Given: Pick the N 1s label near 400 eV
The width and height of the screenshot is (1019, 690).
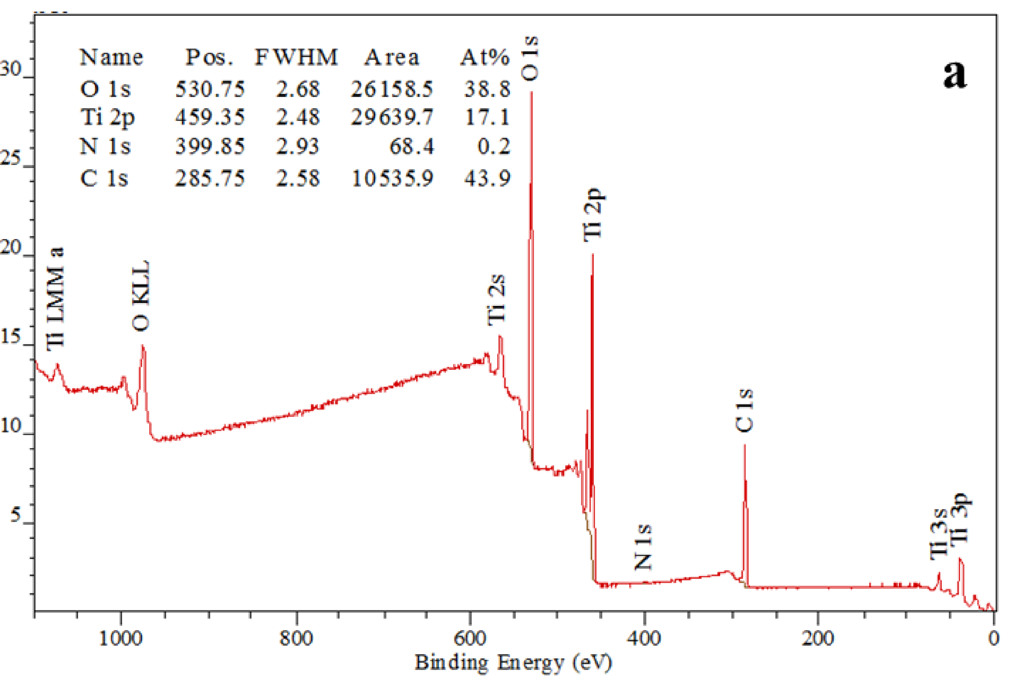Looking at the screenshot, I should [643, 548].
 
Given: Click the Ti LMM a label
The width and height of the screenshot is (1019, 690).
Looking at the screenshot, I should [56, 299].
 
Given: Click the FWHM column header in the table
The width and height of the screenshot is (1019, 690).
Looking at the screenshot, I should [296, 57].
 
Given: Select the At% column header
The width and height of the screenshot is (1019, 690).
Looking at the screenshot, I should [485, 57].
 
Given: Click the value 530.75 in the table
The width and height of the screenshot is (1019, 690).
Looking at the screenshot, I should [210, 89].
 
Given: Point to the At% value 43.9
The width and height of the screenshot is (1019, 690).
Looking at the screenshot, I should [487, 178].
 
